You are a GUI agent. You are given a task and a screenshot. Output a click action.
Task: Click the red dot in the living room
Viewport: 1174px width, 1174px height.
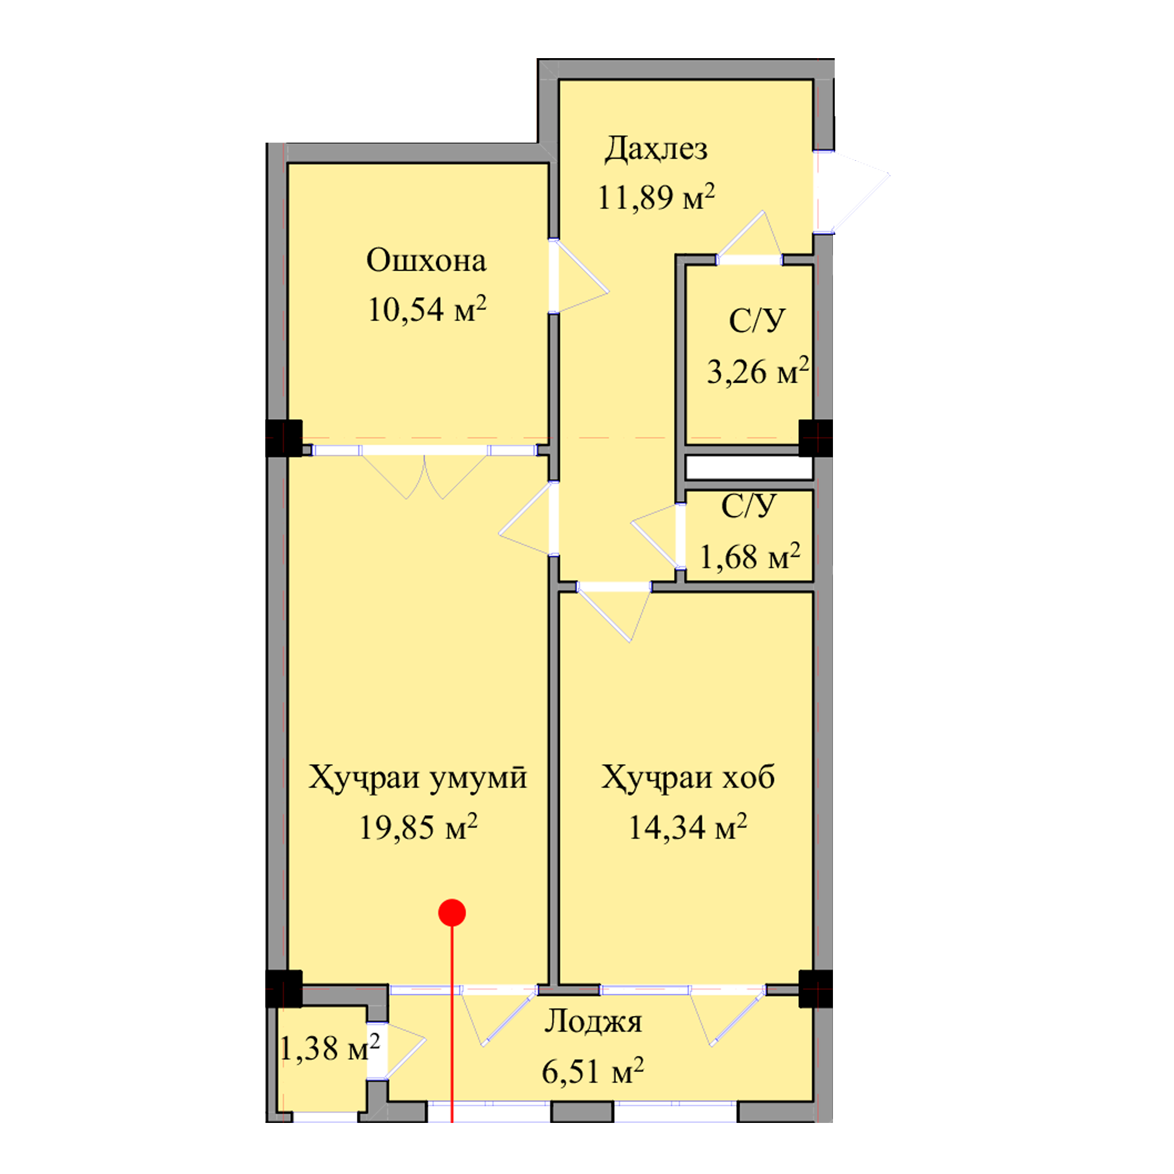coord(452,913)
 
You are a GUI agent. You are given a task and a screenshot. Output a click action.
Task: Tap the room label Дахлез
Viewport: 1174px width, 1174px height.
coord(656,149)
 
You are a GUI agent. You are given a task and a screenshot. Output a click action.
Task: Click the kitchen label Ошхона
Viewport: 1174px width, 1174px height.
coord(426,261)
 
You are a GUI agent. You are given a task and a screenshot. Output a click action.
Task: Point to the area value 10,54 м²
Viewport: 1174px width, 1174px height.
coord(427,309)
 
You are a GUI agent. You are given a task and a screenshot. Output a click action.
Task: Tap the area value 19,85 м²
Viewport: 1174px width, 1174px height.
coord(418,827)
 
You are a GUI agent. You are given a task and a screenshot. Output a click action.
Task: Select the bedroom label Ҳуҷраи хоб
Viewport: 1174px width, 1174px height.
coord(688,778)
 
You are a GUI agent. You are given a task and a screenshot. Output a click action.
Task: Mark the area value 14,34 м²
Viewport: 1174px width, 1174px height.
coord(687,827)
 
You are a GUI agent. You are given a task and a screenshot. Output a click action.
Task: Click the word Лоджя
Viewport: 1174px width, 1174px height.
coord(592,1022)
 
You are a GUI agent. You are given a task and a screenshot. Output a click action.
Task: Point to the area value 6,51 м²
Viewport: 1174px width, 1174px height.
coord(592,1071)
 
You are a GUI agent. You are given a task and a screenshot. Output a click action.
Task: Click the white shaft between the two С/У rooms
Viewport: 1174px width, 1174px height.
coord(748,468)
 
